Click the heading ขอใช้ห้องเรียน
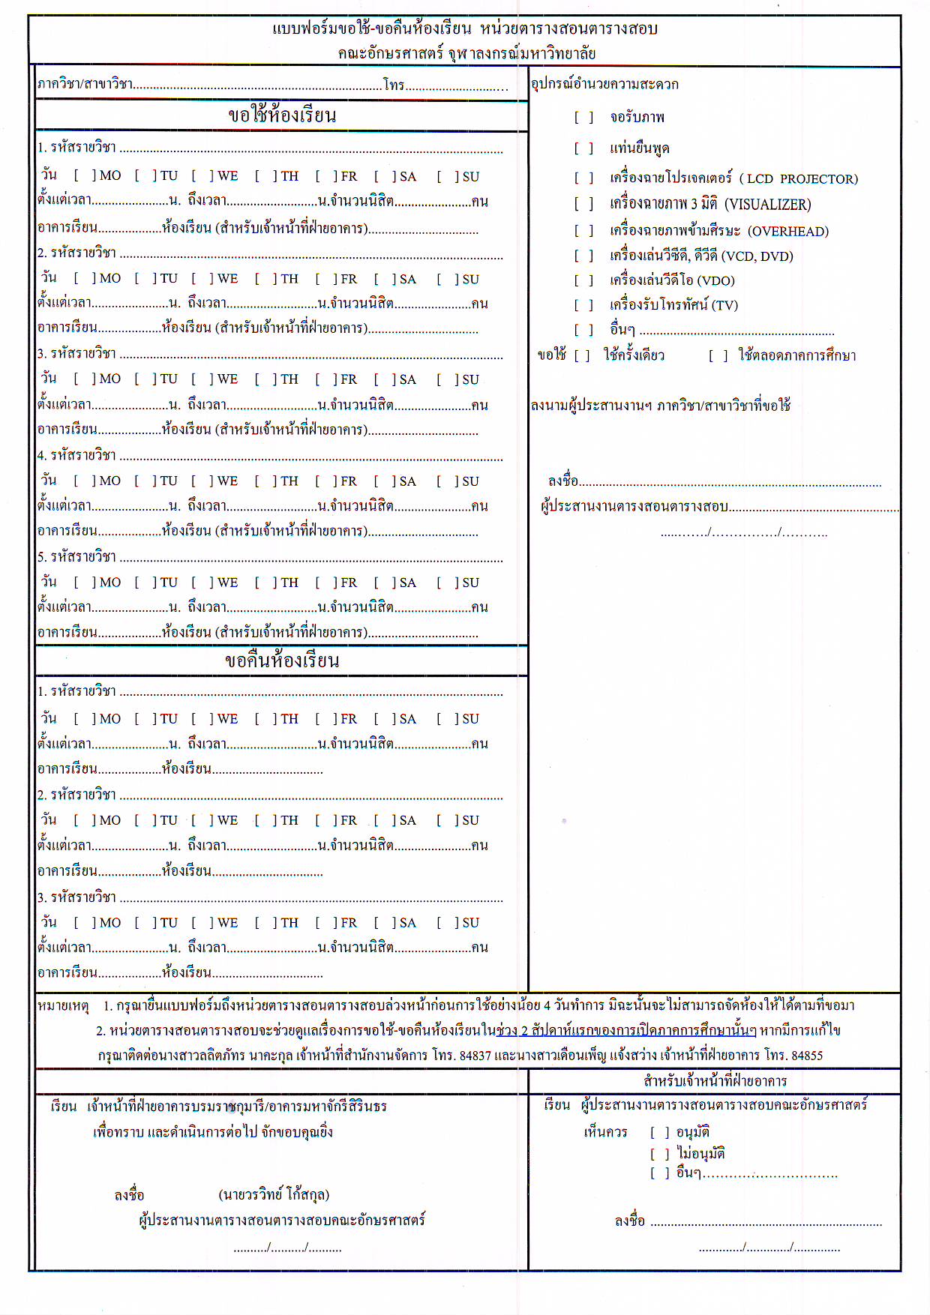tap(282, 115)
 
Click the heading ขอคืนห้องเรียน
tap(282, 660)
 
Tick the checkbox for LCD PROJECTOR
tap(583, 178)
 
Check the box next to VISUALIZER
tap(583, 205)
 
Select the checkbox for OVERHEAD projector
tap(583, 231)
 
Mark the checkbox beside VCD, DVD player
tap(583, 256)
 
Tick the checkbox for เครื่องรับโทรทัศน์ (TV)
tap(583, 305)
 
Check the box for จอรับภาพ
tap(583, 118)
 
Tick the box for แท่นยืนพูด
tap(583, 148)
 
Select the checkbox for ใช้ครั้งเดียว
tap(582, 355)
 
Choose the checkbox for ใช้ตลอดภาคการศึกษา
tap(718, 355)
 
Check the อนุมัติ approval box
tap(659, 1132)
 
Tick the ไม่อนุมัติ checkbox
tap(659, 1154)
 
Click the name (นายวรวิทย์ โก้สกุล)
tap(274, 1194)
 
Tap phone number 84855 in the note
tap(806, 1056)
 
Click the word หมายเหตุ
tap(63, 1005)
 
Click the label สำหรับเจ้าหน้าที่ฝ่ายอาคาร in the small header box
tap(715, 1081)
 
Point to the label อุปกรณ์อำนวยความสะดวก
tap(604, 84)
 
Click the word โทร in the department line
tap(394, 85)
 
